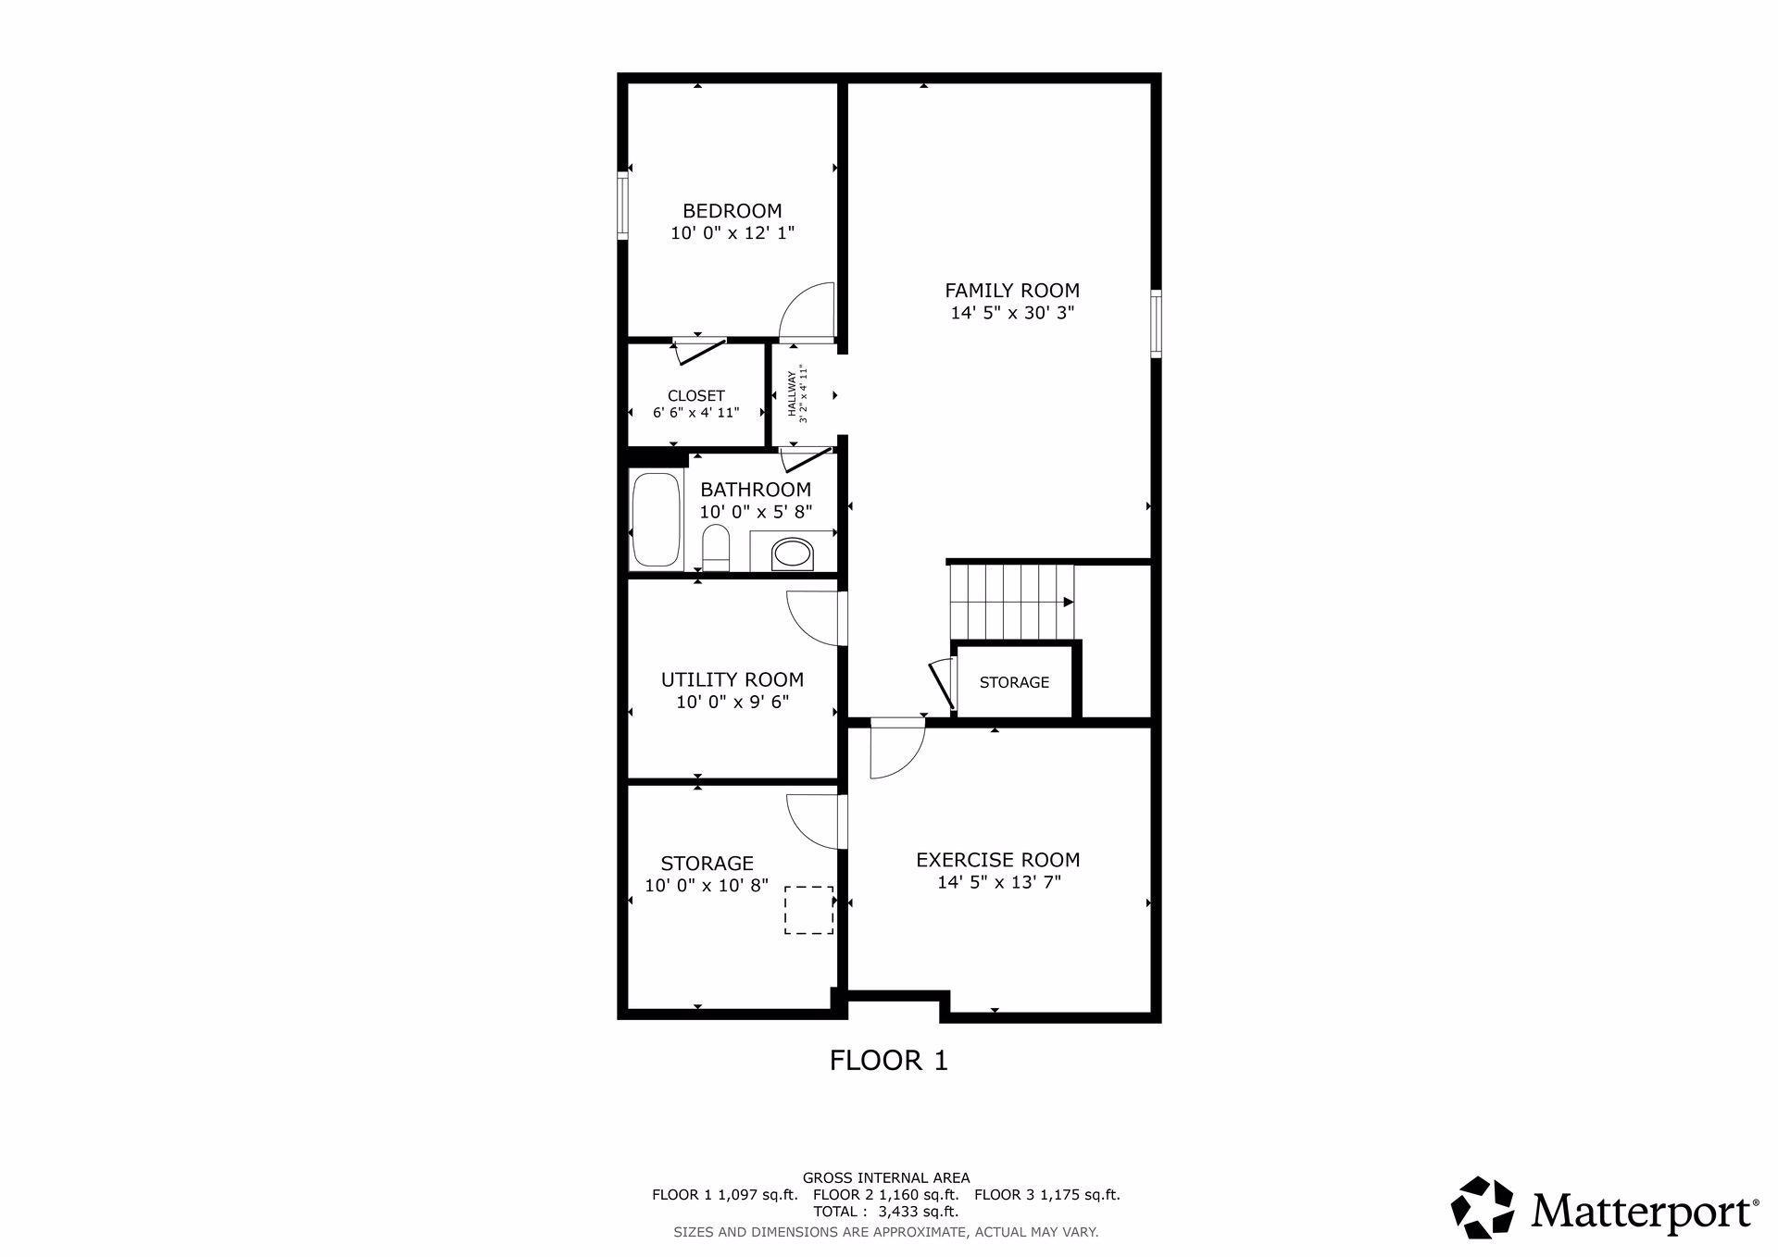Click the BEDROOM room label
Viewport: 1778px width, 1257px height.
tap(732, 211)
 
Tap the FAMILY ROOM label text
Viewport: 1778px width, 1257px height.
tap(1012, 291)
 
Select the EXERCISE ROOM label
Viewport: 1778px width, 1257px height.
tap(998, 860)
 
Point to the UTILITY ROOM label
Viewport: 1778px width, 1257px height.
tap(732, 679)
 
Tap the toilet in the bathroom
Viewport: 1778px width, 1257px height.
tap(716, 549)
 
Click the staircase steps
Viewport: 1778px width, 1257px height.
tap(1013, 602)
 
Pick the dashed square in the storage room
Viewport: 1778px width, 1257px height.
tap(808, 910)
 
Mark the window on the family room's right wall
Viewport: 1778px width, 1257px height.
tap(1156, 323)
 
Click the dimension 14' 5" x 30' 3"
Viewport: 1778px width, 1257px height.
tap(1012, 313)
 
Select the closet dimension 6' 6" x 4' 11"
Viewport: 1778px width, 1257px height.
tap(696, 413)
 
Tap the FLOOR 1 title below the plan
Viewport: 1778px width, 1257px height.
tap(889, 1060)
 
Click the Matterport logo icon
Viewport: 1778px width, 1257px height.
tap(1483, 1207)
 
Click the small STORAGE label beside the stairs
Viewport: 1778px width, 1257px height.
tap(1014, 682)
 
